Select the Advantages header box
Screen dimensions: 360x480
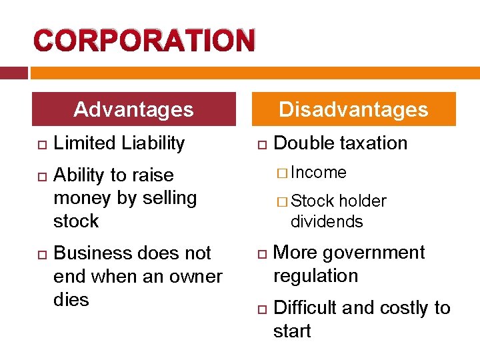click(x=134, y=109)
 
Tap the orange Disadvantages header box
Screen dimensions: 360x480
click(x=353, y=109)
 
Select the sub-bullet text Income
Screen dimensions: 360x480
click(x=319, y=173)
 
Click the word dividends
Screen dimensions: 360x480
click(x=327, y=221)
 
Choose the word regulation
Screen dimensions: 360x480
click(x=315, y=276)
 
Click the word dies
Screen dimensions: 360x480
click(x=71, y=299)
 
